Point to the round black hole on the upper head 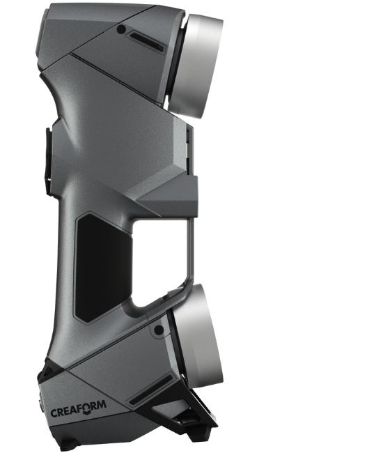point(122,29)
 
